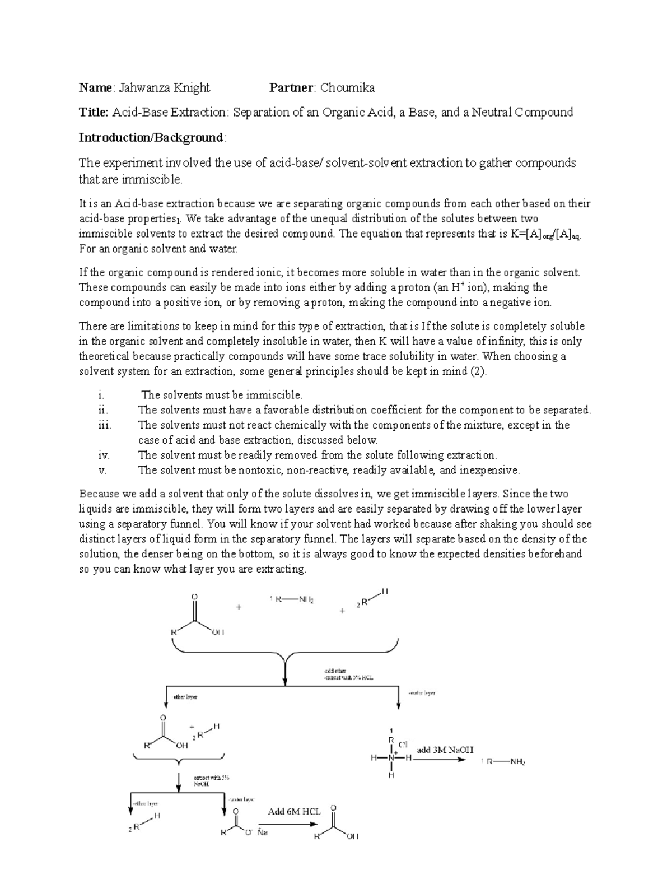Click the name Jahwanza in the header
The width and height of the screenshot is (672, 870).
(x=142, y=87)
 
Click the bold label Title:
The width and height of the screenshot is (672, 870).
(x=93, y=113)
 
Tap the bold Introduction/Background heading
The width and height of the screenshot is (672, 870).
(x=151, y=138)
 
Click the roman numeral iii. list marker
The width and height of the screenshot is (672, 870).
(x=105, y=425)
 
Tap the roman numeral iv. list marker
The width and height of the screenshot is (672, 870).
(x=104, y=455)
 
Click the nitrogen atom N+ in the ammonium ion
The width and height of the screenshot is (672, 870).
(x=391, y=758)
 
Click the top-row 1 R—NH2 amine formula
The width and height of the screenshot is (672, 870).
(x=291, y=599)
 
